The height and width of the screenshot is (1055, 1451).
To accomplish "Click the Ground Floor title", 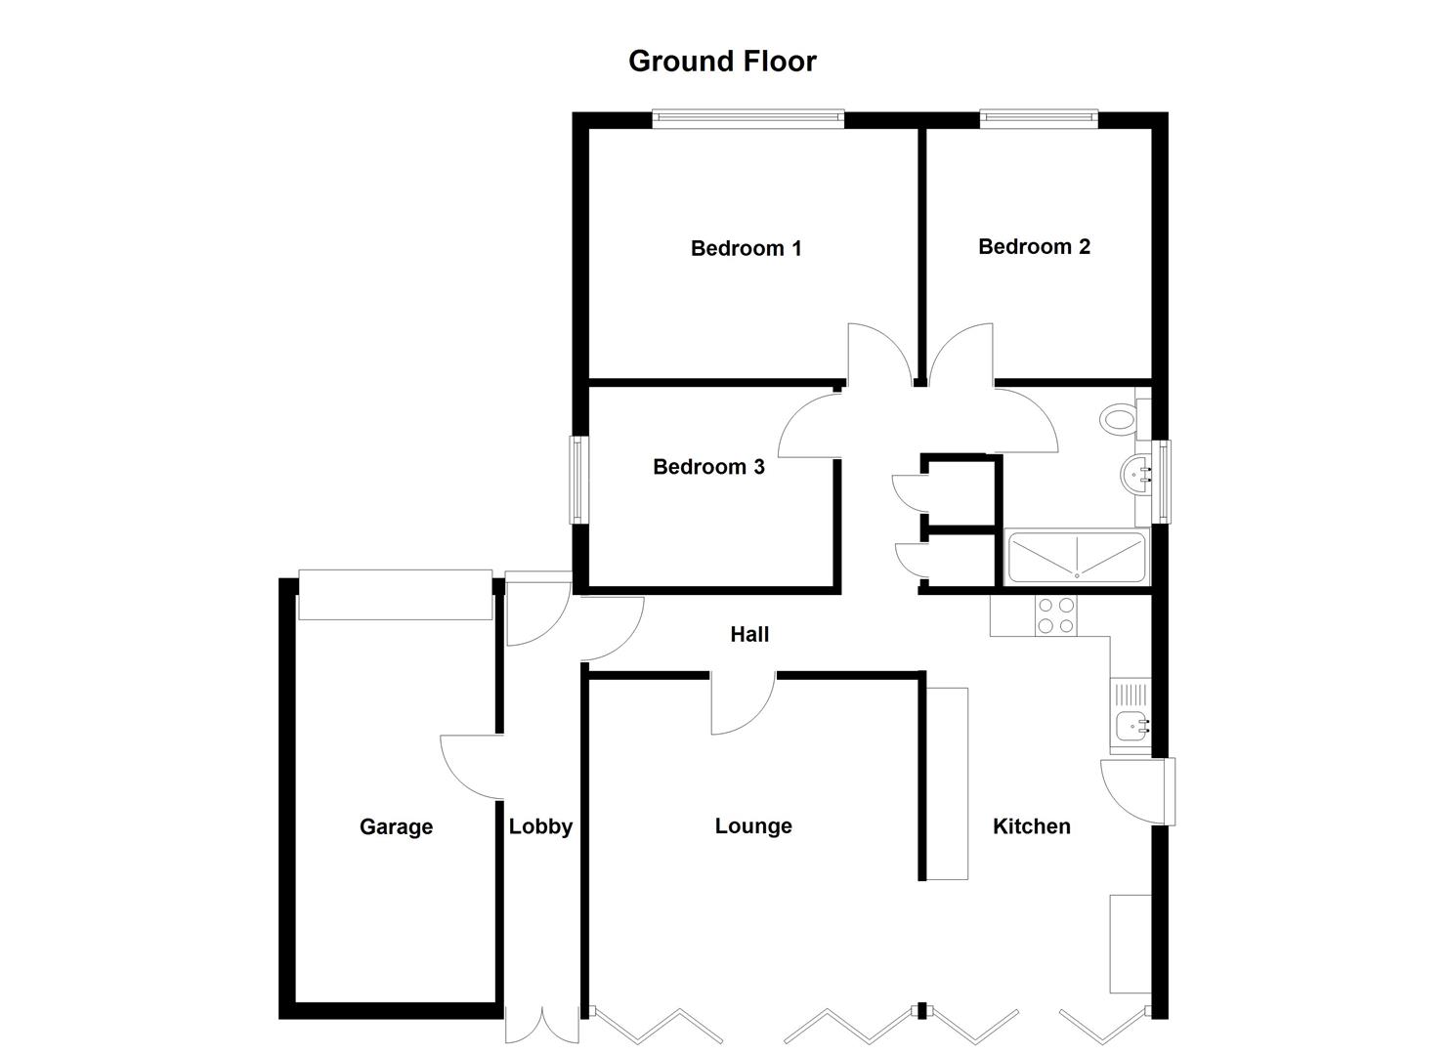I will tap(722, 62).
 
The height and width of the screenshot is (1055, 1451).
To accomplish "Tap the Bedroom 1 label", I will tap(746, 248).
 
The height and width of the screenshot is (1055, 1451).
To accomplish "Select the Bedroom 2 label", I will tap(1034, 246).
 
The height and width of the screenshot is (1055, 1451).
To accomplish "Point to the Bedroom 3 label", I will tap(708, 467).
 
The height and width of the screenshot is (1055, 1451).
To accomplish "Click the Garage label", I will tap(396, 826).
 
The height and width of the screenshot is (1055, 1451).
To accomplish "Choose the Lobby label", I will tap(540, 826).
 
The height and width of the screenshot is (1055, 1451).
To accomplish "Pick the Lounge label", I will tap(753, 826).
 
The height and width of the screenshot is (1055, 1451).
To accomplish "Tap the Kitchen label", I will tap(1031, 826).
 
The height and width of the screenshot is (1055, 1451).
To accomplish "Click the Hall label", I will tap(749, 635).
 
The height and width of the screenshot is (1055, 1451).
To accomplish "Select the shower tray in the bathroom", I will tap(1076, 558).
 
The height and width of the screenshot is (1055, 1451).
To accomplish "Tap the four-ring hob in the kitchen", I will tap(1055, 615).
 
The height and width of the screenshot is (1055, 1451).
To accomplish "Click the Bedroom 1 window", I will tap(747, 119).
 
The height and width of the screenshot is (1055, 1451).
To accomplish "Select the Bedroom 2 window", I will tap(1039, 119).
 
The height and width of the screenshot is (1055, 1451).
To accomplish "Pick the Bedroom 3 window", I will tap(578, 479).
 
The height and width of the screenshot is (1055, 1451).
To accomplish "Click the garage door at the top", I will tap(395, 594).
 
